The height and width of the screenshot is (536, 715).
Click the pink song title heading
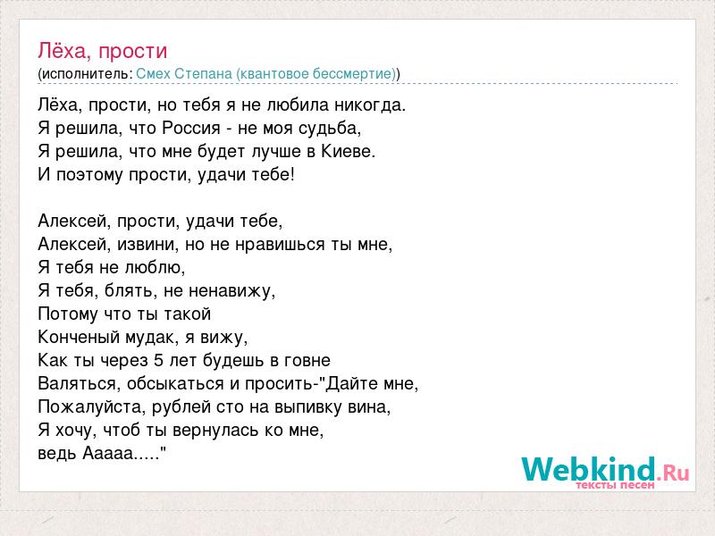103,51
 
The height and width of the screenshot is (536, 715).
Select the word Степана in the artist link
204,73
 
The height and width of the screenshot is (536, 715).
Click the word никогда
370,105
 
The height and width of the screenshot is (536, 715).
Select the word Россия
191,128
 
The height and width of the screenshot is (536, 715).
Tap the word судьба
330,129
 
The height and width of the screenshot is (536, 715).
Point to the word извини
148,244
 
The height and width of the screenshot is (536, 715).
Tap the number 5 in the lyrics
159,360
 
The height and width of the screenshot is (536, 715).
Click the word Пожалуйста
92,407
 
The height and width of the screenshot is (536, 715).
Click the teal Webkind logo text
589,469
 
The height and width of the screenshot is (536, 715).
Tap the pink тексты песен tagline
615,485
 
